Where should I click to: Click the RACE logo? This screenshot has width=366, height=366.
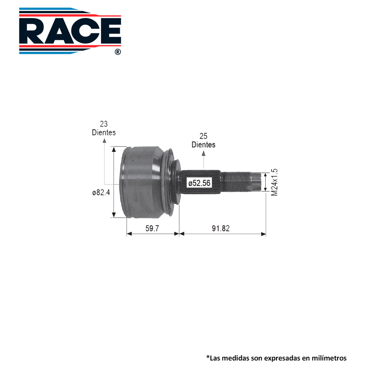pyautogui.click(x=70, y=31)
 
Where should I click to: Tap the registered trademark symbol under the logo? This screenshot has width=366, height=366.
pyautogui.click(x=117, y=52)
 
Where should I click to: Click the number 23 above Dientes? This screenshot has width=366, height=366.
pyautogui.click(x=104, y=124)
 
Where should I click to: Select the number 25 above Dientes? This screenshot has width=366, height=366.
pyautogui.click(x=203, y=136)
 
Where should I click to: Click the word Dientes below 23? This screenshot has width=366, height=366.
pyautogui.click(x=104, y=132)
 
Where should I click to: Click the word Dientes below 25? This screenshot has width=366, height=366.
pyautogui.click(x=203, y=145)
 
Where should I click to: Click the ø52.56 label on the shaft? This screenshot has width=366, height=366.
pyautogui.click(x=199, y=183)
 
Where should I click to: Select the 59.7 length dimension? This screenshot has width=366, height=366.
pyautogui.click(x=152, y=228)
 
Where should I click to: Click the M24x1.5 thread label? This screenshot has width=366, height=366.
pyautogui.click(x=274, y=182)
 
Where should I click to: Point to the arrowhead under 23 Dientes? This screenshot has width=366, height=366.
pyautogui.click(x=104, y=140)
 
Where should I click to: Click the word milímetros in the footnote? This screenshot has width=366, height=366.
pyautogui.click(x=327, y=358)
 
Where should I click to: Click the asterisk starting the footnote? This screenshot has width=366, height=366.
pyautogui.click(x=208, y=357)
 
